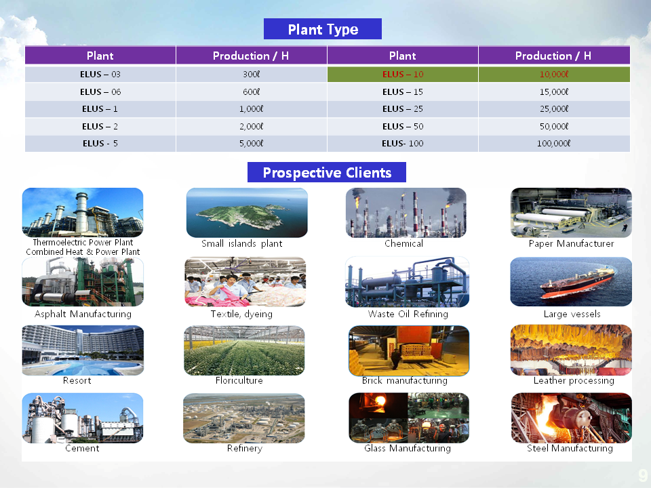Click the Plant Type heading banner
click(x=323, y=29)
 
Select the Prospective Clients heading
click(x=327, y=172)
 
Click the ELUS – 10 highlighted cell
click(x=403, y=75)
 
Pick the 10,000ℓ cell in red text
click(x=554, y=75)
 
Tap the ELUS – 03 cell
click(x=100, y=75)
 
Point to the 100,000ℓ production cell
click(x=554, y=144)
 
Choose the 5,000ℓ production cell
click(x=251, y=144)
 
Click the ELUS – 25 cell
click(x=403, y=108)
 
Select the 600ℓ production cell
click(x=251, y=91)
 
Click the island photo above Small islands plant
click(x=247, y=212)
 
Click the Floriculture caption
click(x=239, y=380)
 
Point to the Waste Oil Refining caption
click(x=408, y=314)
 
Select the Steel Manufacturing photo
click(x=571, y=418)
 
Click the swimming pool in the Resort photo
click(x=83, y=367)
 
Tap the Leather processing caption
click(x=574, y=380)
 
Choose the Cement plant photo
click(x=83, y=418)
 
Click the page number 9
click(x=643, y=474)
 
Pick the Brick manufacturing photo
click(x=409, y=350)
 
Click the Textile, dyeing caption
click(x=241, y=314)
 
